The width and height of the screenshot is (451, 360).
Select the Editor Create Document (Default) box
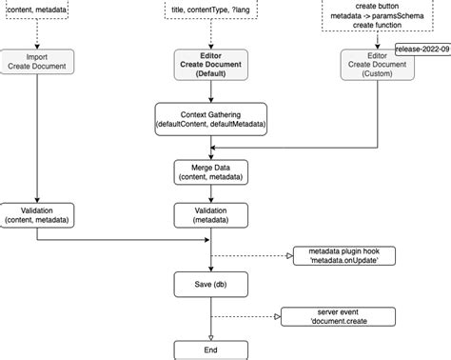point(211,64)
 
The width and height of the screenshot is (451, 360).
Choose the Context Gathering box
point(211,119)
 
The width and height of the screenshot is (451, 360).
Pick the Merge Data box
point(211,171)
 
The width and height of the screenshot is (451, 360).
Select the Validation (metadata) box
point(211,214)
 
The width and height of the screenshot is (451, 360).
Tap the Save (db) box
point(211,283)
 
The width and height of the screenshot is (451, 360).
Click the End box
point(211,350)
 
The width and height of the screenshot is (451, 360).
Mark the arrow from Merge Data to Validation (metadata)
point(211,193)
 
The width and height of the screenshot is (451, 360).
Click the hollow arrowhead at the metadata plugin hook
point(290,256)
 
